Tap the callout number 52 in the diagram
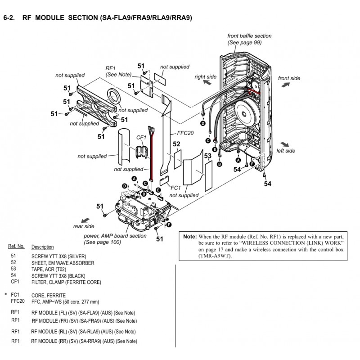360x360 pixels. click(x=177, y=144)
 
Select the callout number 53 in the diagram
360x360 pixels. click(x=207, y=156)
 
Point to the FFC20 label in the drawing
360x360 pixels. click(x=185, y=134)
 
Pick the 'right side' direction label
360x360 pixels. click(x=206, y=77)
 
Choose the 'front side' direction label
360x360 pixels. click(x=289, y=78)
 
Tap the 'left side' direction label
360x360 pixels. click(x=286, y=151)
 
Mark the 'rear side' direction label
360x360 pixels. click(x=84, y=226)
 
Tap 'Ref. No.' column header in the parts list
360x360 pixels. click(x=16, y=247)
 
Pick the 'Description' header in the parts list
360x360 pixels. click(x=42, y=247)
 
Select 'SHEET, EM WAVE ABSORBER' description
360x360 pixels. click(x=59, y=262)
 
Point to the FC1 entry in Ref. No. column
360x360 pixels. click(x=15, y=295)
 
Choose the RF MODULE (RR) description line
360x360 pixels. click(x=84, y=342)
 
